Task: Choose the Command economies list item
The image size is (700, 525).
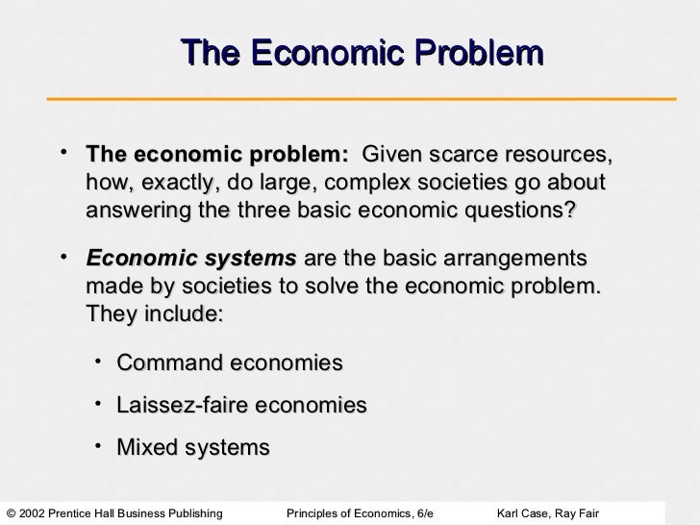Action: (229, 363)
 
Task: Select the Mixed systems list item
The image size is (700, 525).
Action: (192, 448)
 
